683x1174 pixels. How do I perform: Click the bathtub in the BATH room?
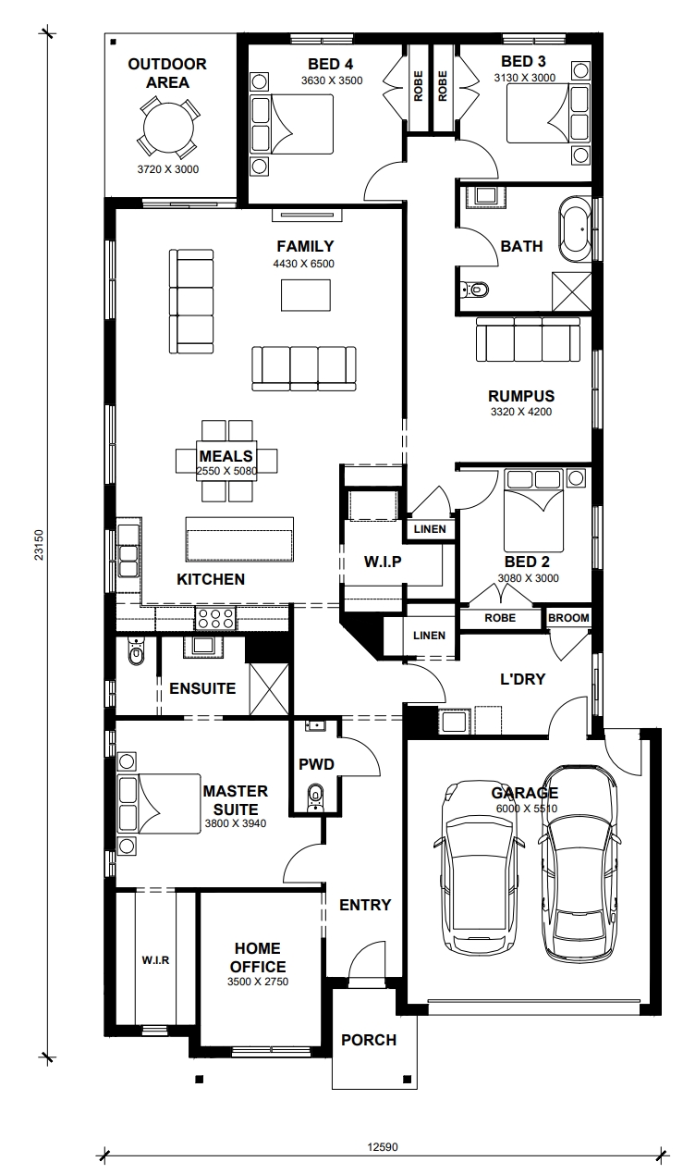pyautogui.click(x=576, y=229)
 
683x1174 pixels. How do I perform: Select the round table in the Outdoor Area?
pyautogui.click(x=168, y=129)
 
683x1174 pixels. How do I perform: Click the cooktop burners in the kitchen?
pyautogui.click(x=215, y=618)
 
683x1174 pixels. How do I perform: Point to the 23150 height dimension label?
pyautogui.click(x=39, y=545)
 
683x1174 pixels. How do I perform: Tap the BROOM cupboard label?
pyautogui.click(x=568, y=618)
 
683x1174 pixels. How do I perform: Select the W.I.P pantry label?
pyautogui.click(x=383, y=562)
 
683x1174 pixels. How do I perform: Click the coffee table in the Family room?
pyautogui.click(x=305, y=295)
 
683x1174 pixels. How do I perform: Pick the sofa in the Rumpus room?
pyautogui.click(x=528, y=340)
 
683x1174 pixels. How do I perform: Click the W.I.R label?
pyautogui.click(x=155, y=960)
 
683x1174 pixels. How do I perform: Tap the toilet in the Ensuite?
pyautogui.click(x=136, y=651)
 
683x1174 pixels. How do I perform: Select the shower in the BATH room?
pyautogui.click(x=571, y=291)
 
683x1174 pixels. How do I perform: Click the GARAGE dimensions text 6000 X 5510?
pyautogui.click(x=527, y=809)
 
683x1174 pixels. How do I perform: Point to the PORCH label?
pyautogui.click(x=369, y=1040)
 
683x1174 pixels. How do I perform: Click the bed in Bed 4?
pyautogui.click(x=292, y=124)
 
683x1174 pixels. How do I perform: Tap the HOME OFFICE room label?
pyautogui.click(x=258, y=958)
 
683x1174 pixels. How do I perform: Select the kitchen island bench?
pyautogui.click(x=239, y=540)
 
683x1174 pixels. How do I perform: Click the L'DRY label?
pyautogui.click(x=523, y=679)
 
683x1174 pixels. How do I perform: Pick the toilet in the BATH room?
pyautogui.click(x=474, y=289)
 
